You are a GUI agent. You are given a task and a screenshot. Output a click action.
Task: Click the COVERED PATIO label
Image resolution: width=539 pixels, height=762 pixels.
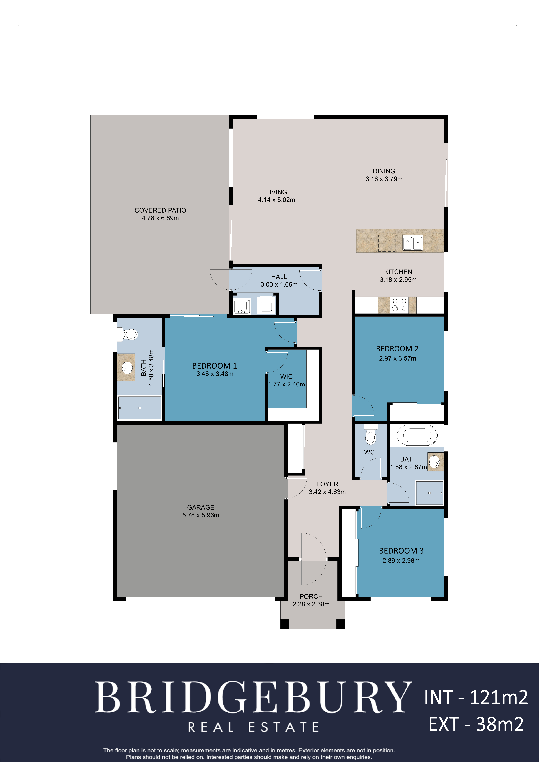(x=160, y=210)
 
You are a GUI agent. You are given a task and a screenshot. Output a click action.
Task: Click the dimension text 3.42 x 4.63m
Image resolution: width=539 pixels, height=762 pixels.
(x=327, y=492)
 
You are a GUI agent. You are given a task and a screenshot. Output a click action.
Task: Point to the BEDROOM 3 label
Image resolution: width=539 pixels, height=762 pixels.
(x=401, y=551)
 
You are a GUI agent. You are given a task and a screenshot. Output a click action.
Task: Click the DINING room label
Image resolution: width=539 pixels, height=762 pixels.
(x=384, y=171)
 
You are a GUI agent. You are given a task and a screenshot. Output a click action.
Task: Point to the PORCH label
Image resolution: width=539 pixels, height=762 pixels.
(x=311, y=596)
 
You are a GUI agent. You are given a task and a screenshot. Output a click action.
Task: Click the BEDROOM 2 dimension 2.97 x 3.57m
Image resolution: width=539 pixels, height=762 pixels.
(x=398, y=358)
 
